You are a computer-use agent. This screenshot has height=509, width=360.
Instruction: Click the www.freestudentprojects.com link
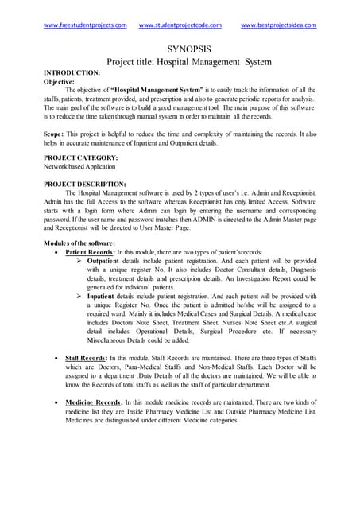(85, 25)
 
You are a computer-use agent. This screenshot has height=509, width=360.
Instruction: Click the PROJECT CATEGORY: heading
(81, 159)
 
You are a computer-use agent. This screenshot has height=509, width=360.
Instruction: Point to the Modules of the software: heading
(80, 242)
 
